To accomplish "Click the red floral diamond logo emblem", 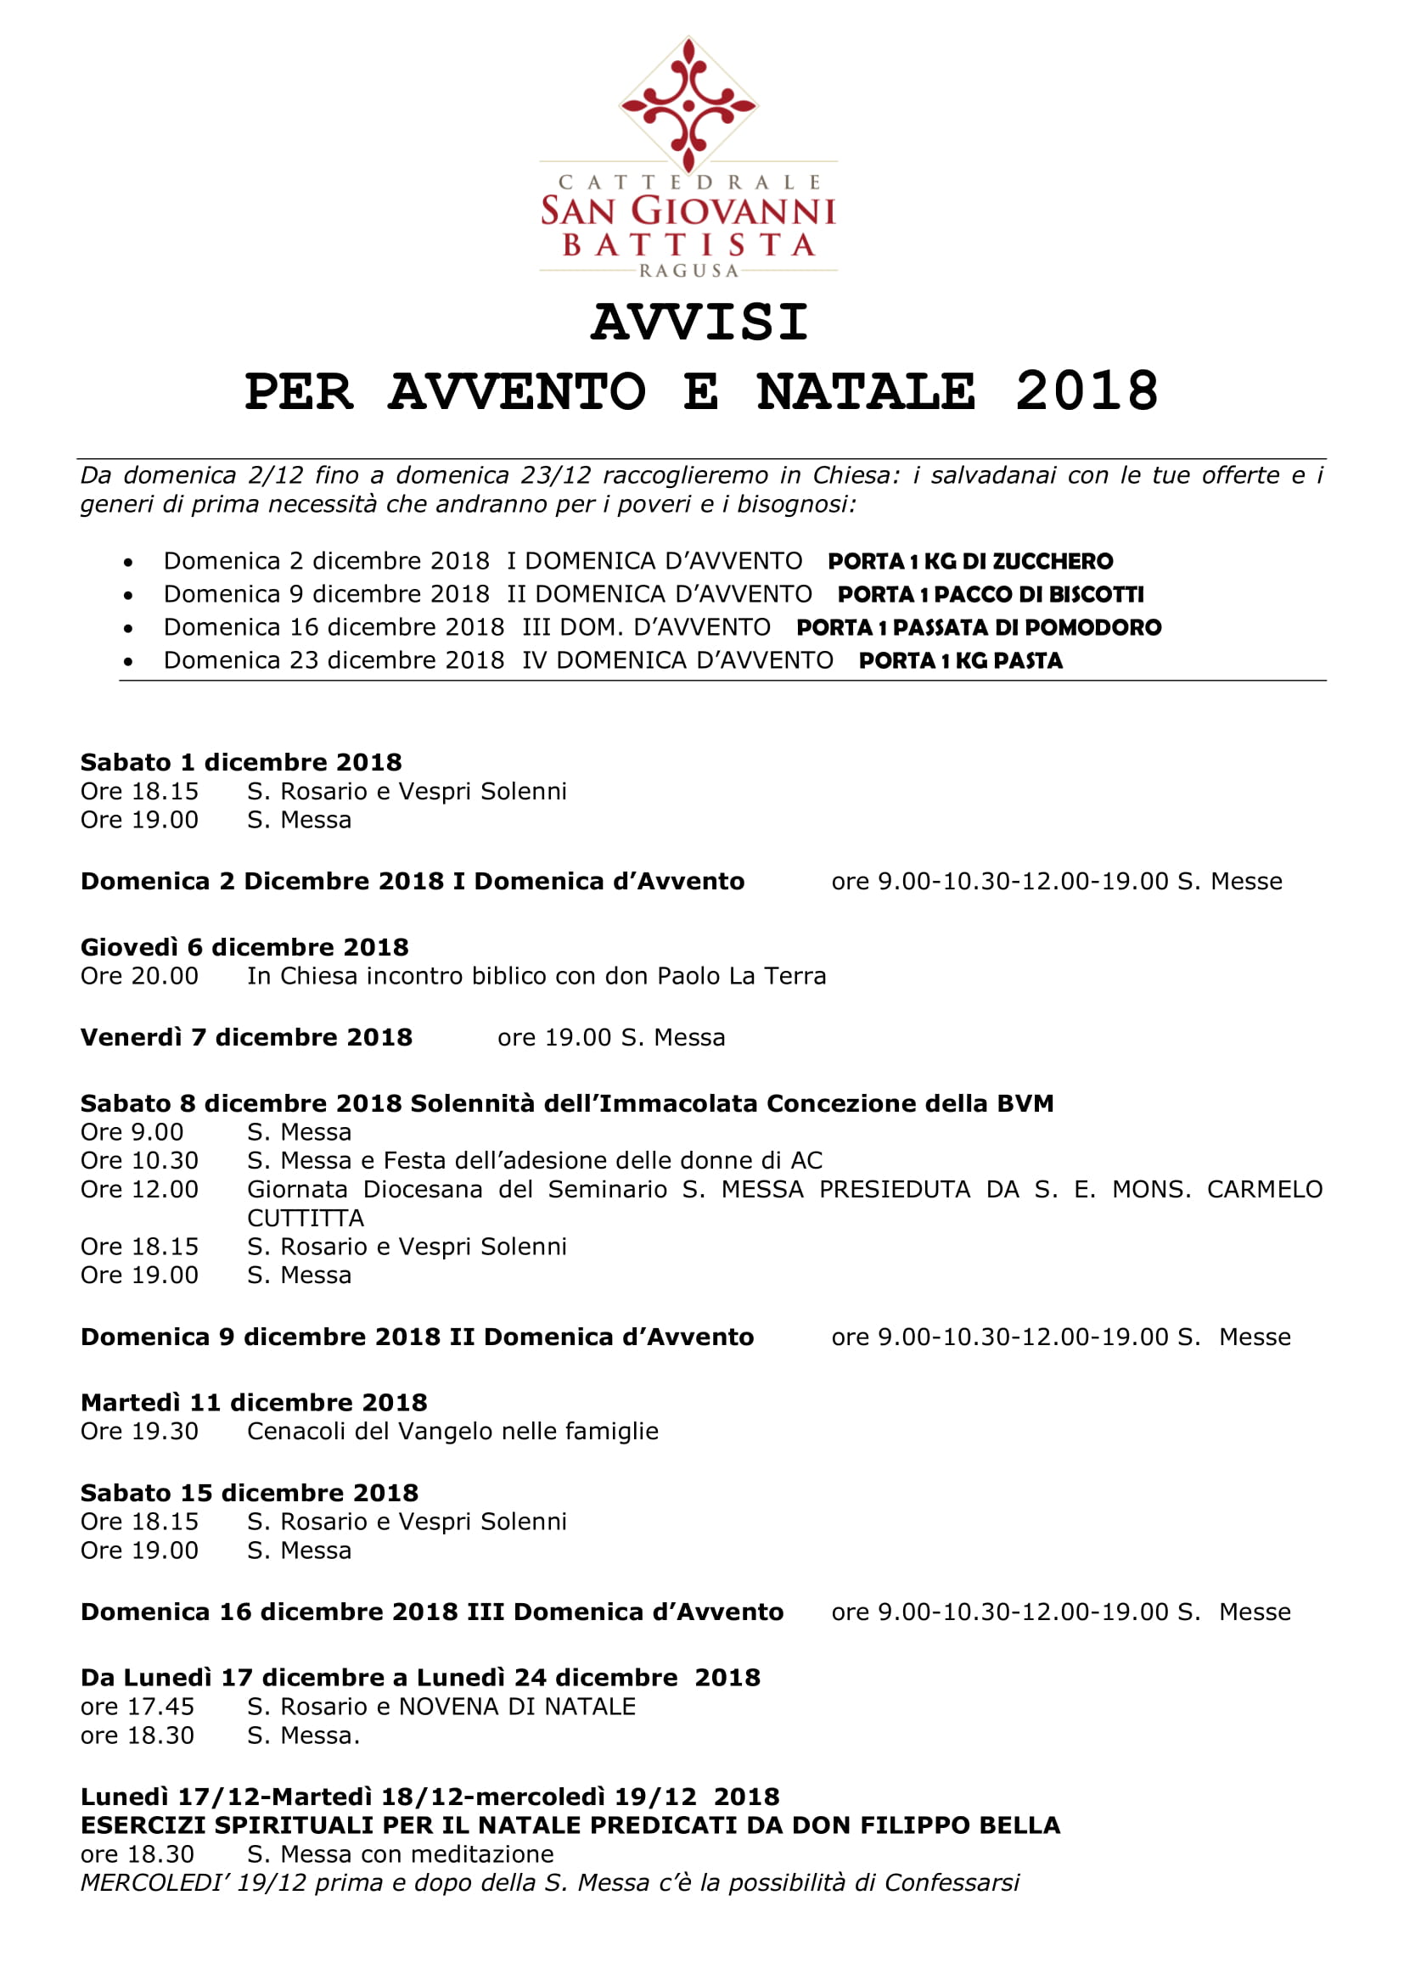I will (688, 104).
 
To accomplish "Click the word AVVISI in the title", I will (699, 322).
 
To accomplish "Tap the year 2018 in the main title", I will (1086, 391).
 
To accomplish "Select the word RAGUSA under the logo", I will (688, 271).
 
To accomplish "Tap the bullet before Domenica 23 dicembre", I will (128, 661).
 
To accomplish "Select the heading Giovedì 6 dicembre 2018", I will (244, 947).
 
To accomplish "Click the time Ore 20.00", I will (139, 975).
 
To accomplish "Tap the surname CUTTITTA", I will (306, 1218).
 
